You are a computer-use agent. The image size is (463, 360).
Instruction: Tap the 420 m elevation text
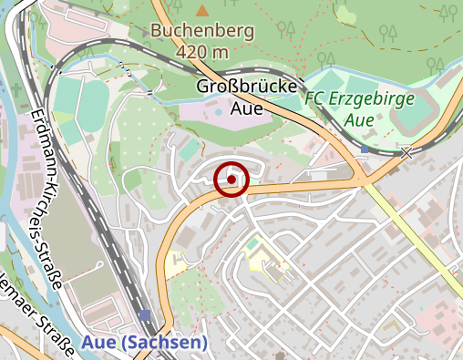pos(201,51)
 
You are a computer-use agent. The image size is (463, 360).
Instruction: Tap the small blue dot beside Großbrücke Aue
pos(218,111)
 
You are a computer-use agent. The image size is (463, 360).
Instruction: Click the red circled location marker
pos(232,180)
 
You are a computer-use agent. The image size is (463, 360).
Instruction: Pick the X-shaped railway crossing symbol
pos(406,153)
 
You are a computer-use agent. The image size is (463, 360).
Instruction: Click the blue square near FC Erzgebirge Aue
pos(365,149)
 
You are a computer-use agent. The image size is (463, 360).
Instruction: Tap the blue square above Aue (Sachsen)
pos(146,315)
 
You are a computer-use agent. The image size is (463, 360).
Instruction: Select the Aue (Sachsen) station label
pos(144,343)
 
